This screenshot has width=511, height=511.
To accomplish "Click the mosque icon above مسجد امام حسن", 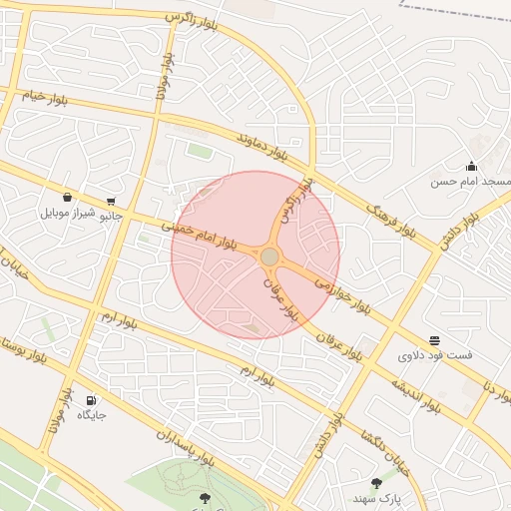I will point(471,166).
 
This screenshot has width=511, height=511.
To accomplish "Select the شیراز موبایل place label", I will point(68,213).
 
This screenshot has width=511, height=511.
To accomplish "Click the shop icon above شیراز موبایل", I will point(67,197).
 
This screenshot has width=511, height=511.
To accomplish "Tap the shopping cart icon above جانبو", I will point(111,200).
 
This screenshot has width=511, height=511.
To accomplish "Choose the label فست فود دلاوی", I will point(435,355).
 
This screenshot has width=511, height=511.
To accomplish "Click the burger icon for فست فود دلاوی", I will point(434,340).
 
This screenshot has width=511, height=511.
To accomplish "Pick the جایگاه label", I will point(93,414).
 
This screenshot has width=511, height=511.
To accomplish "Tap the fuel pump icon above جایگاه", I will point(92,399).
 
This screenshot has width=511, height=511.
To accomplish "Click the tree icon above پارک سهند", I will point(376,482).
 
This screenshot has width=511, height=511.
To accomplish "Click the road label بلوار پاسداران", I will point(186,448).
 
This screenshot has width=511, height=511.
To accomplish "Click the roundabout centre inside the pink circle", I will point(269,257).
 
